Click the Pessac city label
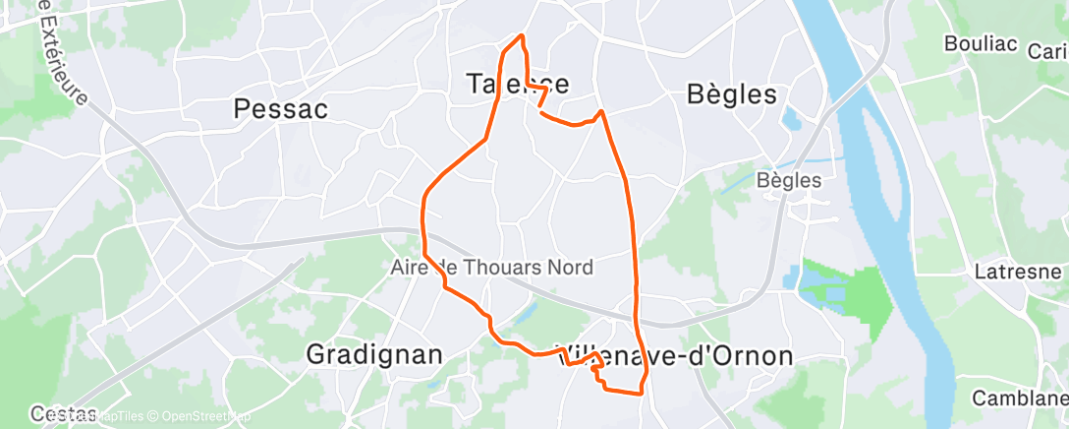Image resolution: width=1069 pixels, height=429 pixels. click(x=280, y=109)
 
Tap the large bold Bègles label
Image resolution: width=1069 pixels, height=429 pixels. click(x=730, y=95)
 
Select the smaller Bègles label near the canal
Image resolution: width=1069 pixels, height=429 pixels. click(x=789, y=181)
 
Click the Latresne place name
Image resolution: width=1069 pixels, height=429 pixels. click(x=1017, y=273)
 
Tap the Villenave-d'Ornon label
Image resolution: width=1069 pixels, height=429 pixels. click(x=674, y=356)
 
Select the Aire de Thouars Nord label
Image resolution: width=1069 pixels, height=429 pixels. click(x=505, y=268)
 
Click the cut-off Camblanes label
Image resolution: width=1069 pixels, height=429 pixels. click(x=1020, y=398)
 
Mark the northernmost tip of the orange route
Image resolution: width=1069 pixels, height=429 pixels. click(x=521, y=36)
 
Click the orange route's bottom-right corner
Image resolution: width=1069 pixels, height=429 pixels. click(x=642, y=393)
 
